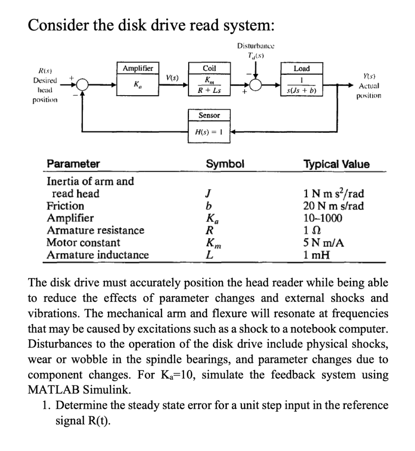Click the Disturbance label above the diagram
256,46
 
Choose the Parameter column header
73,164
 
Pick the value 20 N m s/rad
333,206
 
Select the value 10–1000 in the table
322,218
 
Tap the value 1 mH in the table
316,255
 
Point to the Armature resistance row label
95,230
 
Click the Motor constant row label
83,243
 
